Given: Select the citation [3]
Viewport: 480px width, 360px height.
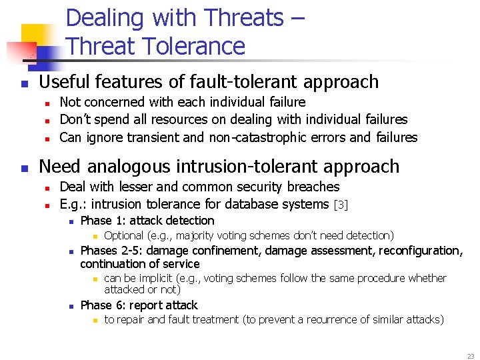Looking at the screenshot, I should [x=341, y=205].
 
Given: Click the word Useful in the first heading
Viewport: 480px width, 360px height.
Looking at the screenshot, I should [x=64, y=82].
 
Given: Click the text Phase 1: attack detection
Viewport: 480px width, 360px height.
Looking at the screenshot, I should [x=147, y=221].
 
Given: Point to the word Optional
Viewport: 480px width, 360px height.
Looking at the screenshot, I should [x=123, y=235].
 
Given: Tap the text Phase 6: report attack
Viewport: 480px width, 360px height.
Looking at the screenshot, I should [x=139, y=305].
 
